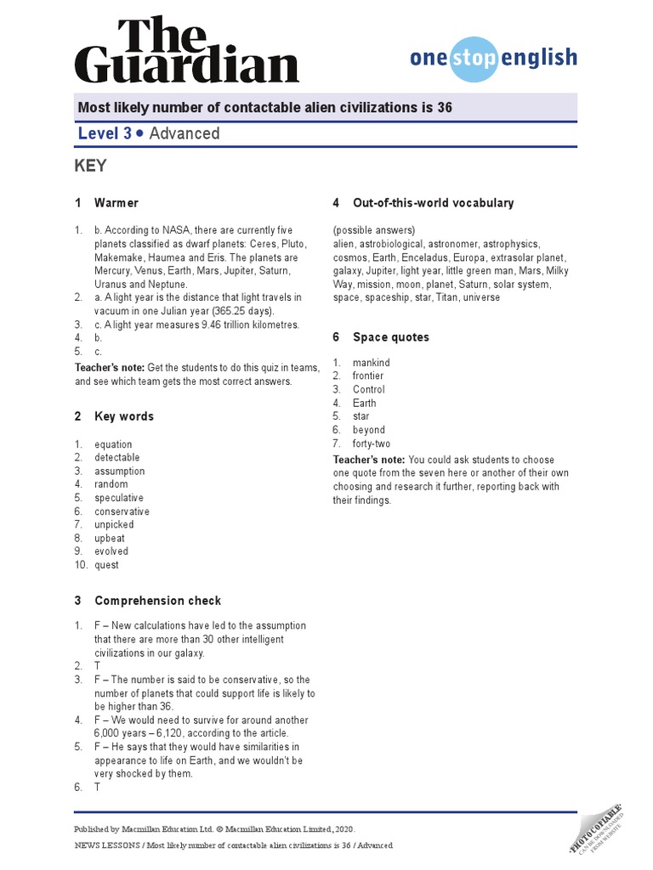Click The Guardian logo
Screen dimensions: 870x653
pyautogui.click(x=186, y=51)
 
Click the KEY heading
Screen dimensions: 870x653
pyautogui.click(x=91, y=166)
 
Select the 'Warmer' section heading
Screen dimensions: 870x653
pyautogui.click(x=116, y=203)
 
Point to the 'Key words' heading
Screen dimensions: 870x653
pyautogui.click(x=124, y=416)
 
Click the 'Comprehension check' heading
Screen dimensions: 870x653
pyautogui.click(x=157, y=601)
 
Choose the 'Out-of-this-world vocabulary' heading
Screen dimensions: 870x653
pyautogui.click(x=433, y=203)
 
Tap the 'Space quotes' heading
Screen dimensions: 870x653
pyautogui.click(x=391, y=337)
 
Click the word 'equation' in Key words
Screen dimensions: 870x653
pyautogui.click(x=113, y=444)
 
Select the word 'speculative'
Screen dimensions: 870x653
pyautogui.click(x=119, y=498)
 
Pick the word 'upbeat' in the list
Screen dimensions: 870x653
pyautogui.click(x=110, y=538)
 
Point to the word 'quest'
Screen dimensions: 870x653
pyautogui.click(x=106, y=565)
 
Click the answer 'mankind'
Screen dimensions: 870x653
pyautogui.click(x=372, y=363)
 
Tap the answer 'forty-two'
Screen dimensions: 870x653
pyautogui.click(x=372, y=443)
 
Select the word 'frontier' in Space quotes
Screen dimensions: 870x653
pyautogui.click(x=368, y=376)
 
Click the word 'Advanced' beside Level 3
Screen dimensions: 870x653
pyautogui.click(x=185, y=133)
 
